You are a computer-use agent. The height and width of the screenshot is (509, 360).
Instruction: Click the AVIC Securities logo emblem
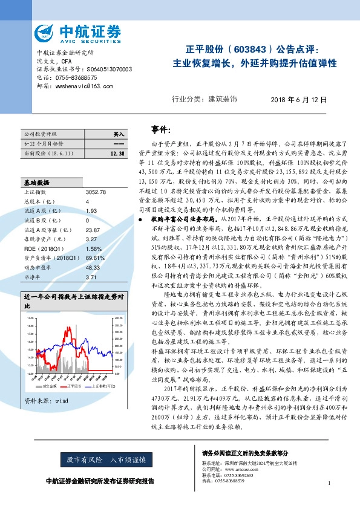[x=45, y=32]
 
